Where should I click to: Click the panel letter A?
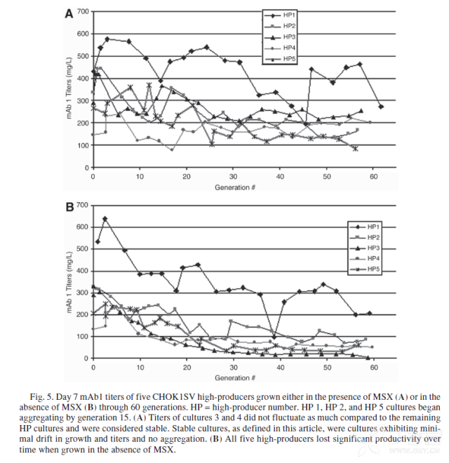[x=68, y=13]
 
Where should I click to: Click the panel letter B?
[x=68, y=207]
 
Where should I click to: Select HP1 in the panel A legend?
[x=288, y=14]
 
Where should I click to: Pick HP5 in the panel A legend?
[x=288, y=59]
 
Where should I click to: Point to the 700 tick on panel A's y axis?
[x=83, y=11]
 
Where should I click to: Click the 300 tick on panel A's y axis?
[x=83, y=101]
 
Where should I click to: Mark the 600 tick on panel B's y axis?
[x=83, y=227]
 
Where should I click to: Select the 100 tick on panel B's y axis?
[x=83, y=336]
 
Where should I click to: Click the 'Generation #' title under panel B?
[x=232, y=377]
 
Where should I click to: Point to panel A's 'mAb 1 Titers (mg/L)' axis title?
[x=71, y=90]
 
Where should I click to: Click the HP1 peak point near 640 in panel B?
[x=105, y=218]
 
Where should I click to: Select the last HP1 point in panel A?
[x=381, y=107]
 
